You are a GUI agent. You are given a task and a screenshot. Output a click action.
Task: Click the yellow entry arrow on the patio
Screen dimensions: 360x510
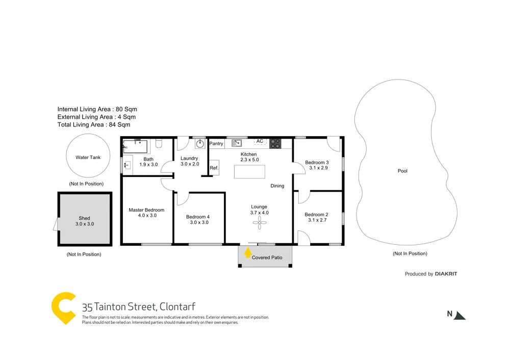(248, 251)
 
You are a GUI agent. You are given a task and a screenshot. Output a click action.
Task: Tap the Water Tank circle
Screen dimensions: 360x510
(88, 157)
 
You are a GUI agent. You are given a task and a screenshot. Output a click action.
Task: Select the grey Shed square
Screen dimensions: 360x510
(85, 220)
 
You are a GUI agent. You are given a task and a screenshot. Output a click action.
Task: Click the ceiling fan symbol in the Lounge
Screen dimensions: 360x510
(260, 221)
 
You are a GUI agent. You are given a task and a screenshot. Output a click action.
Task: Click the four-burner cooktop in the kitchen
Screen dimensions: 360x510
(275, 143)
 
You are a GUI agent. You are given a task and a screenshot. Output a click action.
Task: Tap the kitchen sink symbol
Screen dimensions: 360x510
(237, 143)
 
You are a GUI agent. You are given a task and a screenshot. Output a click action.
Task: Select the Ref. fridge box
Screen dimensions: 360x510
(214, 168)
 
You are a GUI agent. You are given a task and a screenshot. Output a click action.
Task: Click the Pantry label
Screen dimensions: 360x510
(216, 144)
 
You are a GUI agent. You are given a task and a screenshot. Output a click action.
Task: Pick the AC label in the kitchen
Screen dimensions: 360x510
(259, 141)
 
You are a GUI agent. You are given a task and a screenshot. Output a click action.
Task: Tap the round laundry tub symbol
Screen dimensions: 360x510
(200, 144)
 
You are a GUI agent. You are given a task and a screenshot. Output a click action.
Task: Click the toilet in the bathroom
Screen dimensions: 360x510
(159, 144)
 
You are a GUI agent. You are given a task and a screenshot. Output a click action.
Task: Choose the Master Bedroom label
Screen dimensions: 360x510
(146, 210)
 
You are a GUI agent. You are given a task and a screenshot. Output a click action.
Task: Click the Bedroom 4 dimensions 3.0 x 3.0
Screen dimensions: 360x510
(199, 222)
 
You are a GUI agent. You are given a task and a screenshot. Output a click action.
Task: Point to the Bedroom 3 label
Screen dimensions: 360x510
(316, 163)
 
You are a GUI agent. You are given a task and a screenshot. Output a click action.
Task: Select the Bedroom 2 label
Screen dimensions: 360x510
(316, 215)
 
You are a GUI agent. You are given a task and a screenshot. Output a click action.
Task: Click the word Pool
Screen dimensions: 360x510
(402, 171)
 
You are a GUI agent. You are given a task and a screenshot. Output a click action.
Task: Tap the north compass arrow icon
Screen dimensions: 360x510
(461, 315)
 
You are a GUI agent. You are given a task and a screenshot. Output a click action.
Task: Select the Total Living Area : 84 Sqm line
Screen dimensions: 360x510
(93, 124)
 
